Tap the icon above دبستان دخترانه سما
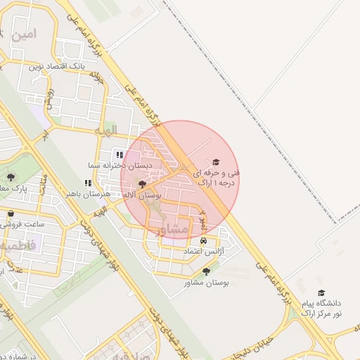tap(120, 154)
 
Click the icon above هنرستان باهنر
tap(88, 183)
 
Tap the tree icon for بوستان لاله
tap(143, 185)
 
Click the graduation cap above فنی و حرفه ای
tap(216, 162)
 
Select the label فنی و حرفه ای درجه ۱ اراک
tap(219, 177)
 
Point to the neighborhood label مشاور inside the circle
tap(174, 229)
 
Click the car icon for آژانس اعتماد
tap(203, 240)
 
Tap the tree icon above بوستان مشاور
tap(206, 271)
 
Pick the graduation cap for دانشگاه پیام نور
tap(321, 292)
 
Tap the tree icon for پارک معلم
tap(10, 177)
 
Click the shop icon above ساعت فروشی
tap(10, 214)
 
